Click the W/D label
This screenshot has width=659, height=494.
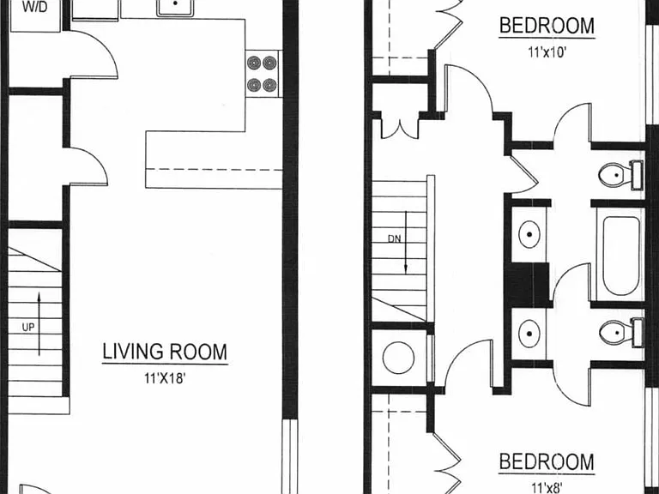(35, 7)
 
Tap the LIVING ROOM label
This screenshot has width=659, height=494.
(165, 352)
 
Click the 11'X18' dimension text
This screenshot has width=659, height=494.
(165, 378)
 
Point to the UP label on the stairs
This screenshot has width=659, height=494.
(28, 327)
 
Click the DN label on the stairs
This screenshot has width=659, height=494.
(394, 239)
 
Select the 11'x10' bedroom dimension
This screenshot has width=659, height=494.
(547, 52)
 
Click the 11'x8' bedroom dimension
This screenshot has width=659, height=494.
(547, 488)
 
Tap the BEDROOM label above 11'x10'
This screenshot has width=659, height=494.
(547, 25)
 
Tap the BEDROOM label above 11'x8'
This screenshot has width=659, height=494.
(547, 461)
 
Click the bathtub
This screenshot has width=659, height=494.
(620, 256)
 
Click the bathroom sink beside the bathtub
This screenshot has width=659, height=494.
(529, 234)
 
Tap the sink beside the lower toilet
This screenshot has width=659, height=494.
(529, 334)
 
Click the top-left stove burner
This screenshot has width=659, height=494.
(254, 63)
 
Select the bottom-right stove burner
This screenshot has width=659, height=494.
(269, 85)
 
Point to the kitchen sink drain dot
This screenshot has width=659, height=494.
(175, 3)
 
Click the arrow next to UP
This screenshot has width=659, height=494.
(39, 324)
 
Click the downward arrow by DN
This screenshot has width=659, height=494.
(406, 243)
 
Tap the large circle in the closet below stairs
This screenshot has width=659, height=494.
(398, 358)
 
